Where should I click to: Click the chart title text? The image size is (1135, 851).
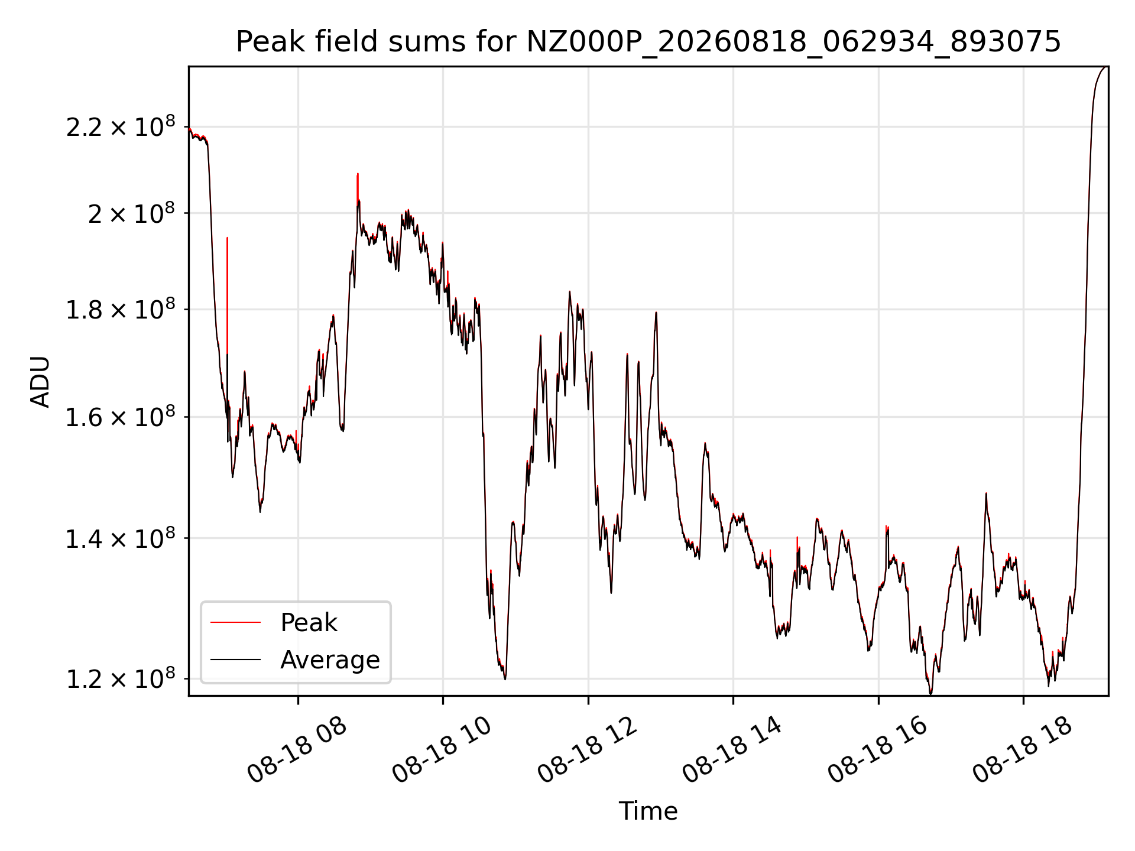[x=648, y=42]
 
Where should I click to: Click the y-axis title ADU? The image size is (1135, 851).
[x=40, y=382]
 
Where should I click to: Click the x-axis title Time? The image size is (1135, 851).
[x=648, y=811]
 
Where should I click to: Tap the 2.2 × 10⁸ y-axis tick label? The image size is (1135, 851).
[x=121, y=126]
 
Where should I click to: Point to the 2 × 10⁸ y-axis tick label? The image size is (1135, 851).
[x=132, y=213]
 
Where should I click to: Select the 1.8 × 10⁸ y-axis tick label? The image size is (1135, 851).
[x=121, y=309]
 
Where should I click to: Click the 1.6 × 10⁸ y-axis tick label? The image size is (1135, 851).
[x=121, y=417]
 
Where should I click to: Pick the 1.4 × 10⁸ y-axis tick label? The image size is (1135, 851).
[x=121, y=538]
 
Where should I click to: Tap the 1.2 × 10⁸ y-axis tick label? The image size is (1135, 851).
[x=121, y=678]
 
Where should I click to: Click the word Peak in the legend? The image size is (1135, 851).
[x=309, y=622]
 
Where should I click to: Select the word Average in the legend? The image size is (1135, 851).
[x=330, y=660]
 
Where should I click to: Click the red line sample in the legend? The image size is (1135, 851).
[x=235, y=622]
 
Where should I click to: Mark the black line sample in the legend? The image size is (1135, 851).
[x=235, y=659]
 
